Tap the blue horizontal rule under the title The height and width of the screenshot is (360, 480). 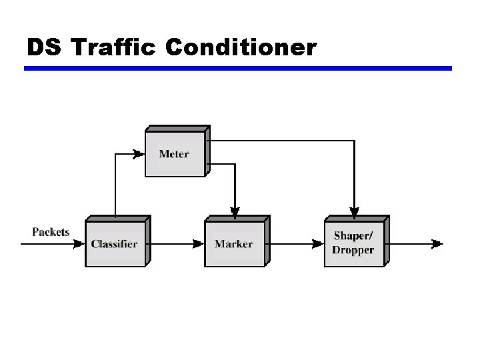[238, 68]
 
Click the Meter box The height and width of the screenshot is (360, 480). [175, 153]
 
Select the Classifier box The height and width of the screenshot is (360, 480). [115, 243]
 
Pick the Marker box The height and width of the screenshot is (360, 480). [234, 243]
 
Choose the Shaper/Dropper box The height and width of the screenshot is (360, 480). [354, 243]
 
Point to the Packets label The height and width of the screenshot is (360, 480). [51, 232]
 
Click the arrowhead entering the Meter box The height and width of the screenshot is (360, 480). [139, 154]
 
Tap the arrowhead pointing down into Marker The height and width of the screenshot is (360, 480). [234, 211]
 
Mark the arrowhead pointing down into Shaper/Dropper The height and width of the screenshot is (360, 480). [354, 211]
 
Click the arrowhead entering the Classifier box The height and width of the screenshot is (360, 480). [80, 244]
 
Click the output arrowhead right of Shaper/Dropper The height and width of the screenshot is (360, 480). [437, 244]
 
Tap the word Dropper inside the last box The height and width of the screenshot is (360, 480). [354, 251]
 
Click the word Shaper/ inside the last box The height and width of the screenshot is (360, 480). [353, 236]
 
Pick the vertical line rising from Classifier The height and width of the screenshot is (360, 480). [115, 187]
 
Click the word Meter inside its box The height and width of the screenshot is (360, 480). [174, 154]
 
